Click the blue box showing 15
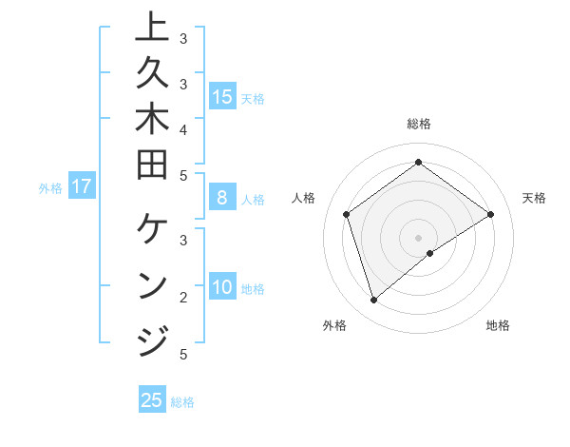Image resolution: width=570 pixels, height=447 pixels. tap(222, 96)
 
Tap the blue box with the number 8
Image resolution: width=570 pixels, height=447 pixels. tap(222, 198)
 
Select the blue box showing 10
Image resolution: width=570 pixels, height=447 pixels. tap(222, 287)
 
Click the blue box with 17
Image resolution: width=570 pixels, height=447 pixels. tap(82, 186)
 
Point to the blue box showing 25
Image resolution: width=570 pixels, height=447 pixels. tap(152, 400)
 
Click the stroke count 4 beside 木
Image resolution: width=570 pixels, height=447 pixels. tap(183, 128)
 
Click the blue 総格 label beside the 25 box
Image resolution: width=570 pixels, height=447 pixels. tap(182, 402)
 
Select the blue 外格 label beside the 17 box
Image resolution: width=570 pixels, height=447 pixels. tap(50, 188)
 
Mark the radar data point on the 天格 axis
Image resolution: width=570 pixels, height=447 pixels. tap(490, 214)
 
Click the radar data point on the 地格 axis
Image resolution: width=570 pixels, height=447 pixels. tap(430, 253)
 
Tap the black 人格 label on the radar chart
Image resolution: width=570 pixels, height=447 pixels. tap(304, 198)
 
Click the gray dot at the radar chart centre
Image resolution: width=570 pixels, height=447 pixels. tap(418, 237)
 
